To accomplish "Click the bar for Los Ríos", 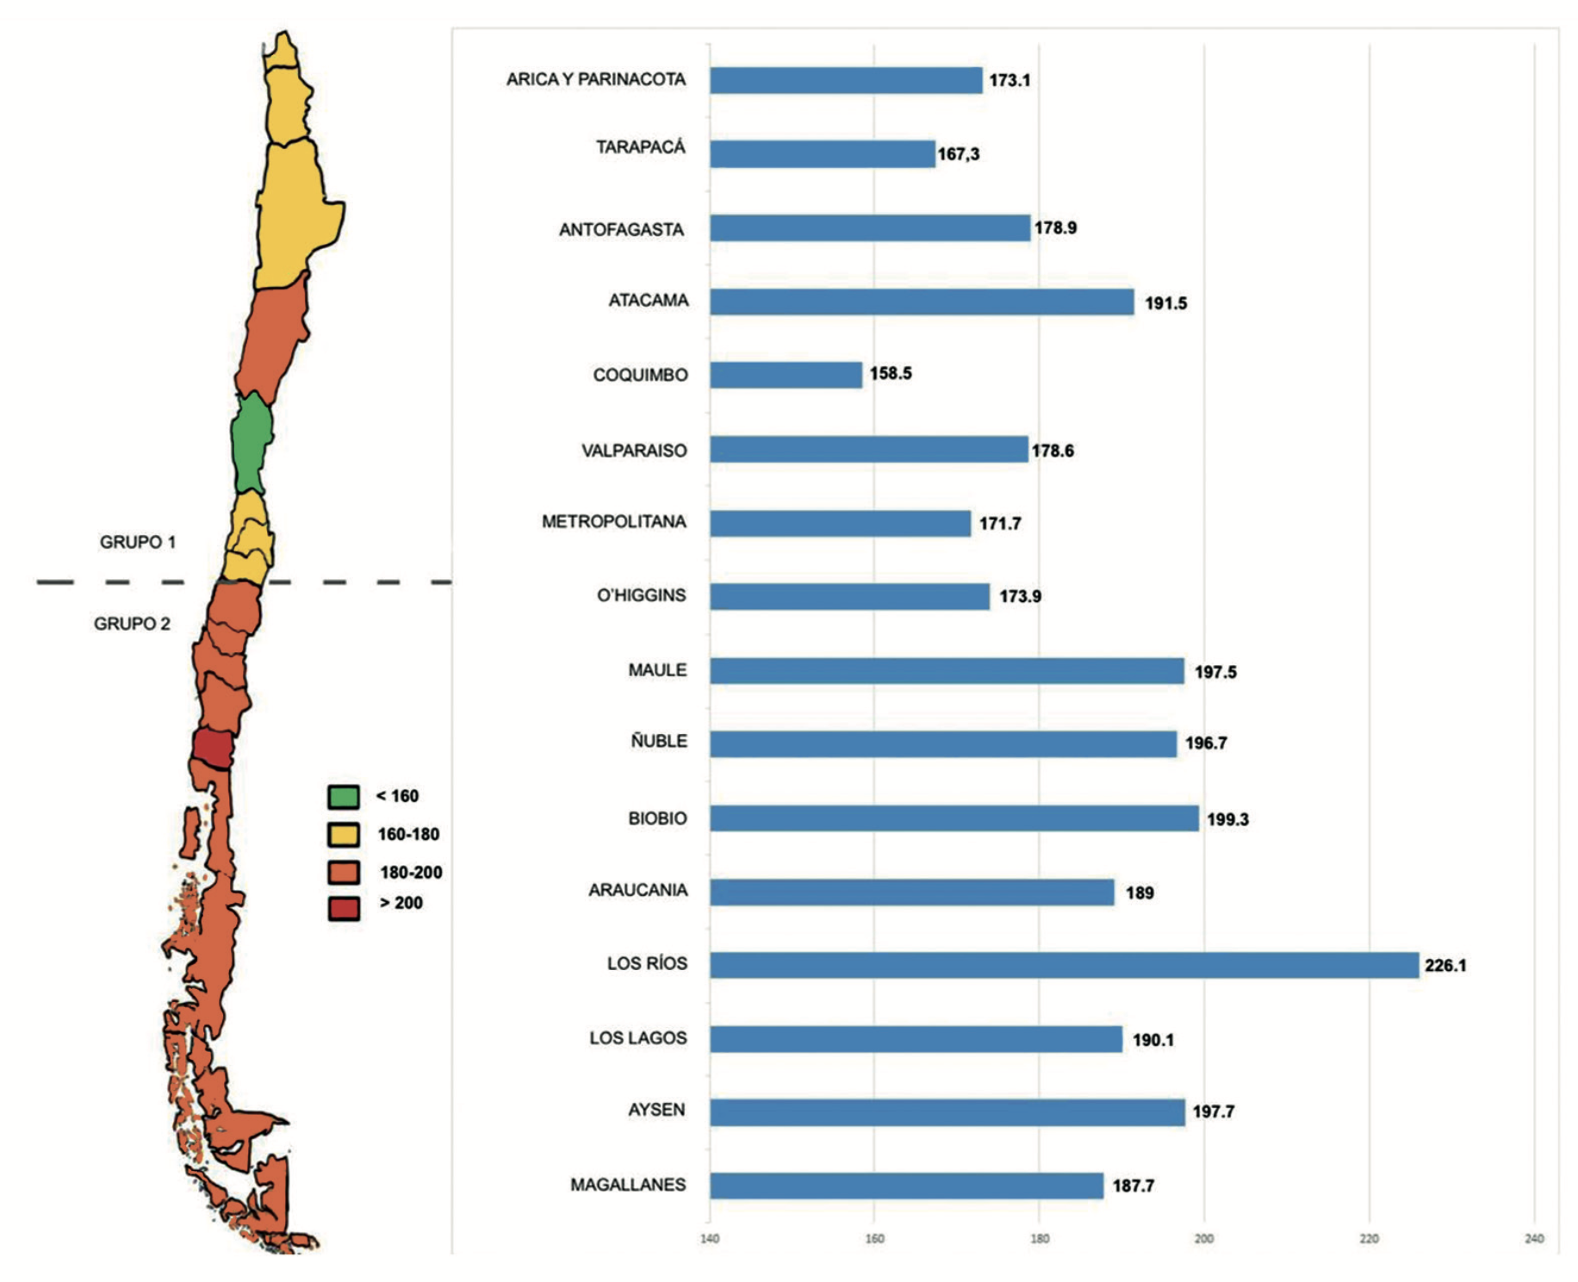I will coord(1064,965).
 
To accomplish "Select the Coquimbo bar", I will coord(786,375).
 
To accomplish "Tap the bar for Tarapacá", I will coord(822,154).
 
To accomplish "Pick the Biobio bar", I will coord(954,818).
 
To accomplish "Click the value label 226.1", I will coord(1444,966).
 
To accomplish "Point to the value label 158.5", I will coord(890,374).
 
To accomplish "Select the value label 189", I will coord(1139,893).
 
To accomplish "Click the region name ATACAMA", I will coord(649,301).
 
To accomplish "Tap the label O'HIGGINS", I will coord(641,595).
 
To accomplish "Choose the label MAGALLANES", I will coord(628,1186).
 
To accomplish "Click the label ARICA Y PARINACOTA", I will coord(596,80).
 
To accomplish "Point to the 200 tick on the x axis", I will coord(1203,1239).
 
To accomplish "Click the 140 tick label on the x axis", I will coord(710,1239).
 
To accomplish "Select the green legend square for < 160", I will coord(344,797).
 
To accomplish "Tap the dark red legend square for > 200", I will coord(344,908).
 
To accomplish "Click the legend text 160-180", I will coord(408,835).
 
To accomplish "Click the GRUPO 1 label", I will coord(138,543).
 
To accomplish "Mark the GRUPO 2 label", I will coord(132,624).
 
